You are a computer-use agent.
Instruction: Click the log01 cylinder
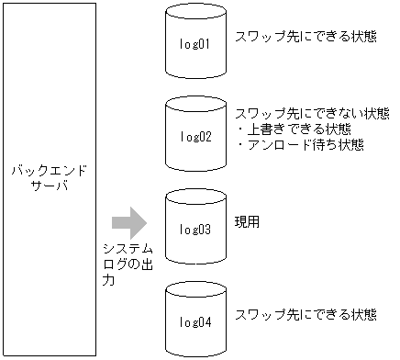195,42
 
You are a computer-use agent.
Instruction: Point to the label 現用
248,222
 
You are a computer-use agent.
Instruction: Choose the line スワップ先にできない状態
312,114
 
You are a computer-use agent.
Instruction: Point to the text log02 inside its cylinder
195,138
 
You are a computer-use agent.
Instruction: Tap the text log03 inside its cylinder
195,230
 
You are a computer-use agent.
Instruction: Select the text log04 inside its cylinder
195,322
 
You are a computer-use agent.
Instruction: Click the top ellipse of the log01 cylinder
195,16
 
